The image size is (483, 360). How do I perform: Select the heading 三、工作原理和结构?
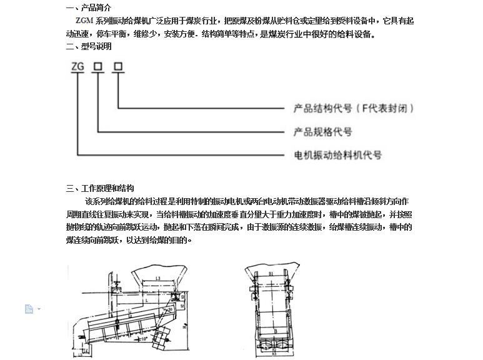click(x=99, y=188)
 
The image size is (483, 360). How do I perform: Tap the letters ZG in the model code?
click(x=78, y=66)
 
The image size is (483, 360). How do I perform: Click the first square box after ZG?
click(x=97, y=66)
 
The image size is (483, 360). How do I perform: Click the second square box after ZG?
click(x=117, y=66)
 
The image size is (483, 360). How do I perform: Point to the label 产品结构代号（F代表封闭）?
click(x=354, y=108)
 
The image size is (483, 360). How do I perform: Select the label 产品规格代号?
click(x=323, y=132)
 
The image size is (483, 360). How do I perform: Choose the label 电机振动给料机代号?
click(x=337, y=154)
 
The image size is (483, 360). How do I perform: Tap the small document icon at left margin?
click(x=29, y=309)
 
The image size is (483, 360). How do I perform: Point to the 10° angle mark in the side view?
click(x=146, y=338)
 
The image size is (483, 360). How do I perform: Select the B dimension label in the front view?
click(x=276, y=329)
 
